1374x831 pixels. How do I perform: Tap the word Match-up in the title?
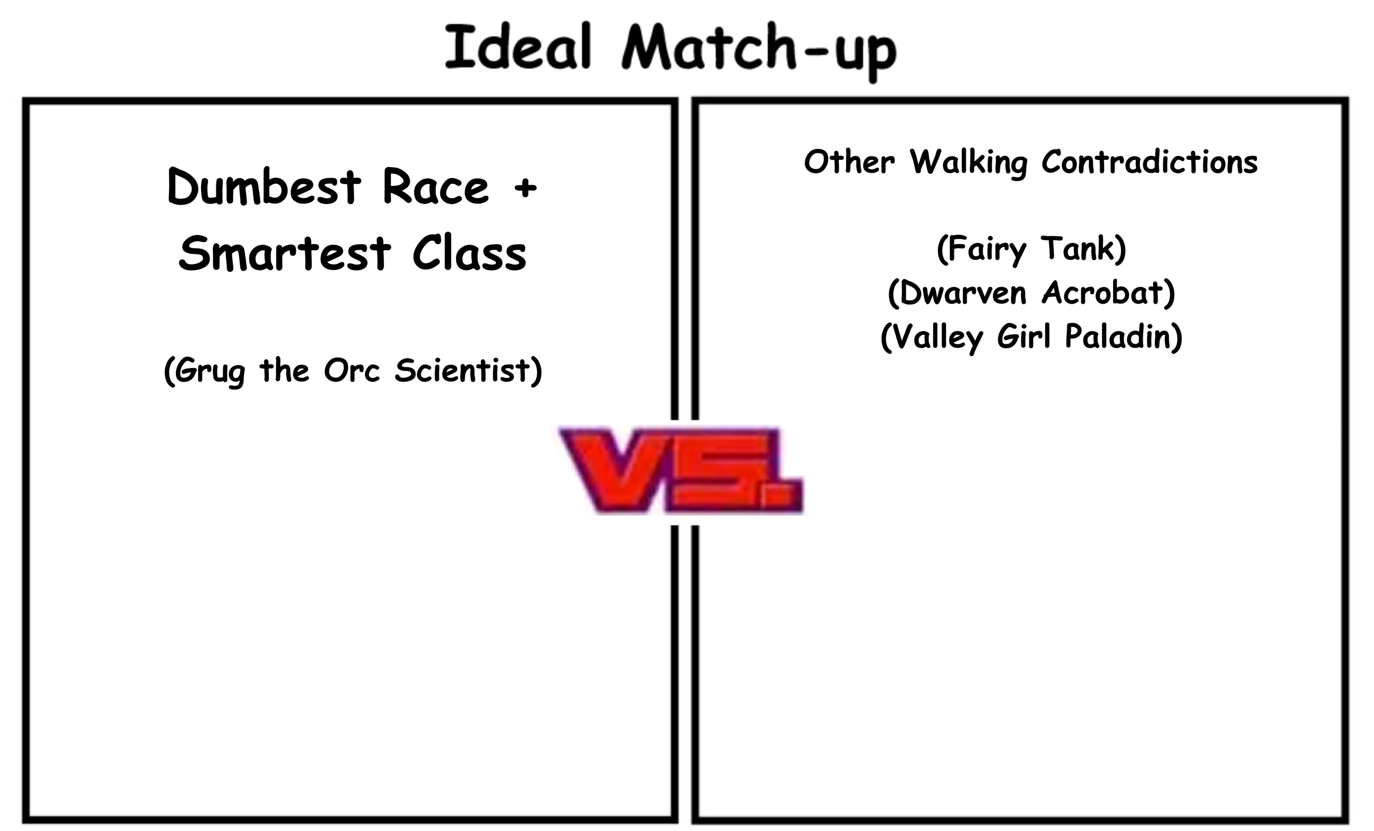(759, 52)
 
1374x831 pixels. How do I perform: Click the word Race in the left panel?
(435, 186)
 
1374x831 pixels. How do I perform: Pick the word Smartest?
(285, 253)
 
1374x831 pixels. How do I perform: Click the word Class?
(470, 253)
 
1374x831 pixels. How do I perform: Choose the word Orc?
(351, 370)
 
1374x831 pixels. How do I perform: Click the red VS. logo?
(682, 469)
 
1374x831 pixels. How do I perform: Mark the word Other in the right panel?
(849, 162)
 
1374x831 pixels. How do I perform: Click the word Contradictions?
(1150, 162)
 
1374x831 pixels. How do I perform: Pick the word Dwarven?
(963, 292)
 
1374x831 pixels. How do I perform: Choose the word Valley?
(938, 337)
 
